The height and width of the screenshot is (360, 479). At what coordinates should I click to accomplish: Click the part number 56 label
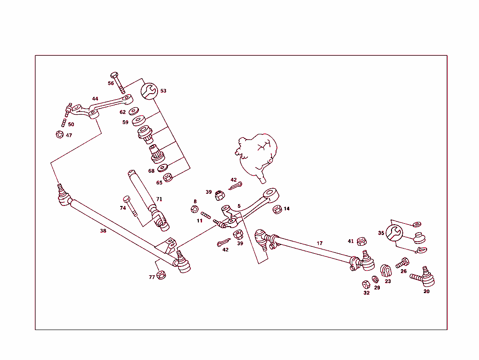pos(111,83)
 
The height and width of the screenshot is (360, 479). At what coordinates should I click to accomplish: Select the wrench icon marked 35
pos(394,232)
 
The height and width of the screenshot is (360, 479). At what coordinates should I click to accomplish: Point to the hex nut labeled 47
pos(59,135)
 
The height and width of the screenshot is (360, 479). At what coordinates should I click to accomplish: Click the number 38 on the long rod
pos(103,231)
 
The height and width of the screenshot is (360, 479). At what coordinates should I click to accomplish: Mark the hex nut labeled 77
pos(162,275)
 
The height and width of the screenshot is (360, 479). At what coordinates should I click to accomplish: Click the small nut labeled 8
pos(195,209)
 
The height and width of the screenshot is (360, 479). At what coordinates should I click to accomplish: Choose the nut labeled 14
pos(277,209)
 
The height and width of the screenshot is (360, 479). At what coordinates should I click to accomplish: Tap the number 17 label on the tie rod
pos(319,243)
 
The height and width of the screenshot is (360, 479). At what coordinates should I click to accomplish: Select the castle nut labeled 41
pos(361,242)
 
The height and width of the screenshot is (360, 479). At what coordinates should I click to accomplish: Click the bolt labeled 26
pos(402,264)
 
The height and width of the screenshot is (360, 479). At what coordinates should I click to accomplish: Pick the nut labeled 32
pos(366,284)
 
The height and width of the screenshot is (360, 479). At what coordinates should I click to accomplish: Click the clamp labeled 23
pos(386,271)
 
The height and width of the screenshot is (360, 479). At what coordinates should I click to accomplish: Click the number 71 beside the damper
pos(159,199)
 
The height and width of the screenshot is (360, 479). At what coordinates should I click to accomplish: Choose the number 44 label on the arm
pos(95,99)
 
